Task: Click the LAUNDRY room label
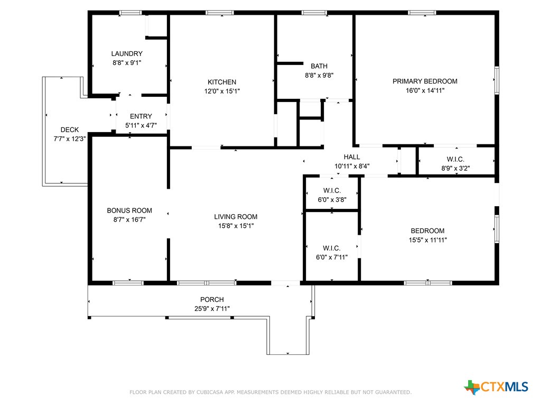click(127, 53)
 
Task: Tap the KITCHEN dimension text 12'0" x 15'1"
click(222, 91)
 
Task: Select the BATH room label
click(319, 66)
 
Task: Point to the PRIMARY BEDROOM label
click(425, 81)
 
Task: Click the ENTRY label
click(141, 116)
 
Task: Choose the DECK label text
click(69, 130)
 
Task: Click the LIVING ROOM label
click(236, 216)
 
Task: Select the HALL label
click(352, 157)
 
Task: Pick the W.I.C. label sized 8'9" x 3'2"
click(455, 159)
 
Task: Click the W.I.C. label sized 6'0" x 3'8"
click(332, 191)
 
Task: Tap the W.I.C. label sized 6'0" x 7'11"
click(332, 248)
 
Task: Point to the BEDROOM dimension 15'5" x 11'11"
click(427, 239)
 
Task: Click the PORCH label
click(212, 300)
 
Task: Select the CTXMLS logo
click(496, 387)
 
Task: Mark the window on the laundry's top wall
click(130, 13)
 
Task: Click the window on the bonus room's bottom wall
click(128, 283)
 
